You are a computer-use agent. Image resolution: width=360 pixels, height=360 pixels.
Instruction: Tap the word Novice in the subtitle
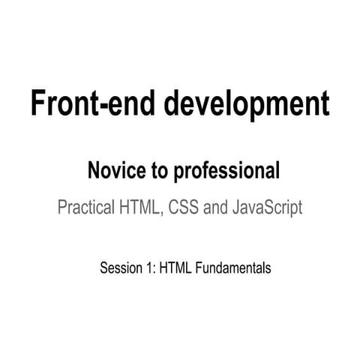(113, 172)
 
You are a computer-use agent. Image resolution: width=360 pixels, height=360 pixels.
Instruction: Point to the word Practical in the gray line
(85, 208)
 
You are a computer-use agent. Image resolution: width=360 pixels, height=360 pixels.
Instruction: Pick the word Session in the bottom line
(118, 266)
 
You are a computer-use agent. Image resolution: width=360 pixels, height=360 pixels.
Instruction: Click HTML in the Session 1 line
(173, 266)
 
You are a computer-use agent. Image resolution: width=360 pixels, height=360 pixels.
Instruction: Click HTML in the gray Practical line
(141, 208)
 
